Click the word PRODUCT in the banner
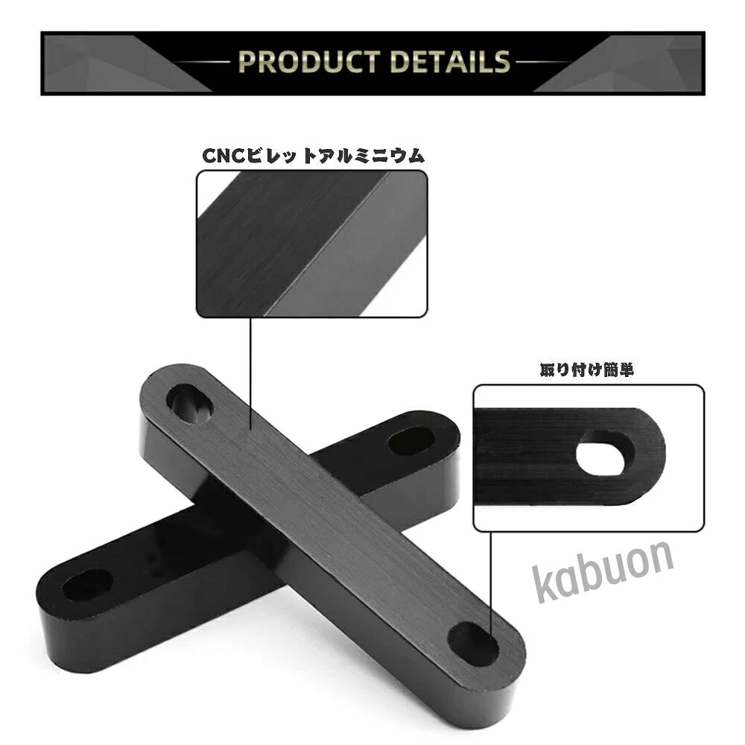309,62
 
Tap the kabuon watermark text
603,571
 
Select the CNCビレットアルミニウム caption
313,156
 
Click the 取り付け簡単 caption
587,370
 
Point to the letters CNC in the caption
223,156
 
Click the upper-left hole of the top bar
189,405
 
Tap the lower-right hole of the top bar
473,644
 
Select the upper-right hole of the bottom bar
411,441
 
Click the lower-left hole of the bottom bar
87,584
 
